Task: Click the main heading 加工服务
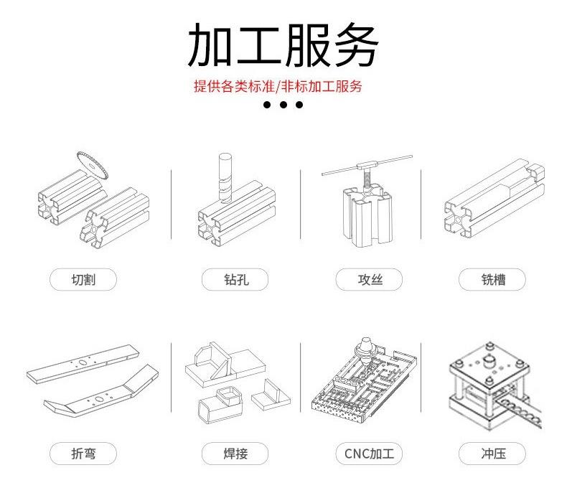tap(283, 44)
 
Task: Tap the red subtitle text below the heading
tap(278, 87)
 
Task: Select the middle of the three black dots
tap(283, 105)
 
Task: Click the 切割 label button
tap(83, 279)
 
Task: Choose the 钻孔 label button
tap(225, 279)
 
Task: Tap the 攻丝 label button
tap(369, 279)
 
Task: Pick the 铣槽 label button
tap(492, 279)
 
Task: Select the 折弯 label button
tap(83, 454)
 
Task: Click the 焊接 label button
tap(225, 454)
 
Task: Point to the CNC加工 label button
tap(369, 454)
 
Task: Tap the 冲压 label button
tap(492, 454)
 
